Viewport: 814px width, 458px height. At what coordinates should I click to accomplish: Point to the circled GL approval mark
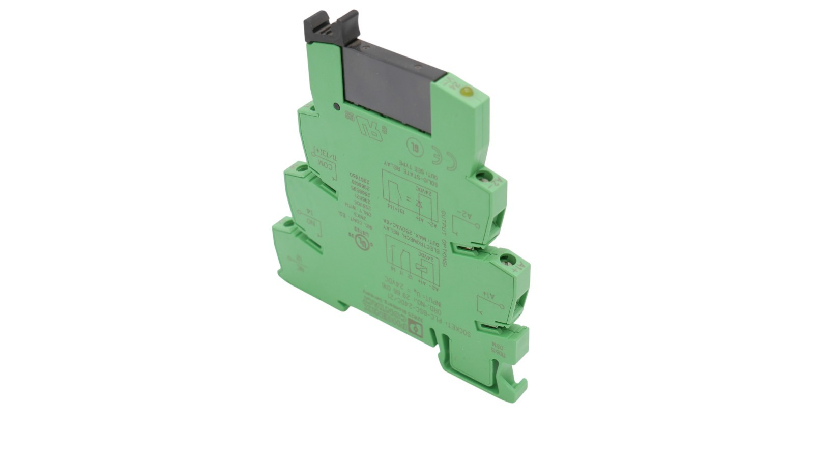coord(413,144)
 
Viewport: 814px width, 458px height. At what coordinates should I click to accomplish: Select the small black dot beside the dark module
coord(336,106)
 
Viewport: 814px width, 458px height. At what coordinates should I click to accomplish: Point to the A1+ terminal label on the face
coord(486,295)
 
